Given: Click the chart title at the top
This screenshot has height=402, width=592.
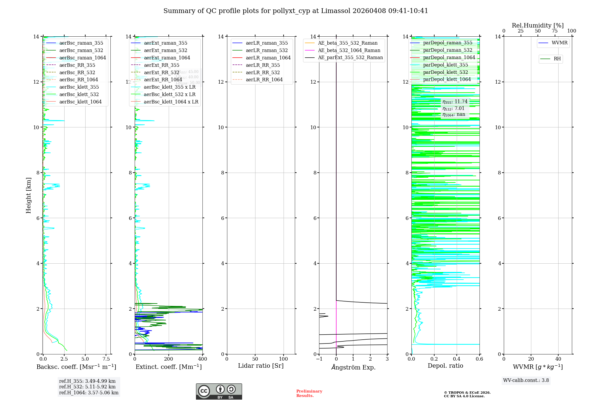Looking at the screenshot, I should pyautogui.click(x=296, y=11).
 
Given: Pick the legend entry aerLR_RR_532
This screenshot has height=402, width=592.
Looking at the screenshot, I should pyautogui.click(x=263, y=72).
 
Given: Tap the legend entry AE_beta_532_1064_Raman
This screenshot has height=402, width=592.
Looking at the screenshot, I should pyautogui.click(x=349, y=50).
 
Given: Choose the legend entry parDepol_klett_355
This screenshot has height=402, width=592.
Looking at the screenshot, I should pyautogui.click(x=445, y=65).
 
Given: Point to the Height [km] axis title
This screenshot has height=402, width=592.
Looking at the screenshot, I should pyautogui.click(x=28, y=195).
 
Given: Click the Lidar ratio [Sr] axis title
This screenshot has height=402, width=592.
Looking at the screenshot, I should pyautogui.click(x=261, y=366).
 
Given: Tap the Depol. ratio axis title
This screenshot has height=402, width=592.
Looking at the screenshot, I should pyautogui.click(x=445, y=366).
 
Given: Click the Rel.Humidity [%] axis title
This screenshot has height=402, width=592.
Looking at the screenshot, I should pyautogui.click(x=538, y=25).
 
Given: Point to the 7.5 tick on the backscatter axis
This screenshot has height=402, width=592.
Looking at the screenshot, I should pyautogui.click(x=106, y=359).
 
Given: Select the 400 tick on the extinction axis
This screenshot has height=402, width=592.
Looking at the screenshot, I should pyautogui.click(x=202, y=359).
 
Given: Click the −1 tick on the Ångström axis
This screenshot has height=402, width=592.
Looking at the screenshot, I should pyautogui.click(x=319, y=359).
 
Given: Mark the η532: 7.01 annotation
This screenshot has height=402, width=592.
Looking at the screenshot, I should pyautogui.click(x=453, y=108).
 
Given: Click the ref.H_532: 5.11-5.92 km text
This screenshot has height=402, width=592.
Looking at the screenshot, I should pyautogui.click(x=87, y=387).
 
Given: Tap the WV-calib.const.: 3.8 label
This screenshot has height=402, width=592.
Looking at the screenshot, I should pyautogui.click(x=526, y=380).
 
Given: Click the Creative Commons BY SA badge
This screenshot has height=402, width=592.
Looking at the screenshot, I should pyautogui.click(x=219, y=391).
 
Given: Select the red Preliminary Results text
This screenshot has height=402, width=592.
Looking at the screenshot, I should pyautogui.click(x=309, y=393).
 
